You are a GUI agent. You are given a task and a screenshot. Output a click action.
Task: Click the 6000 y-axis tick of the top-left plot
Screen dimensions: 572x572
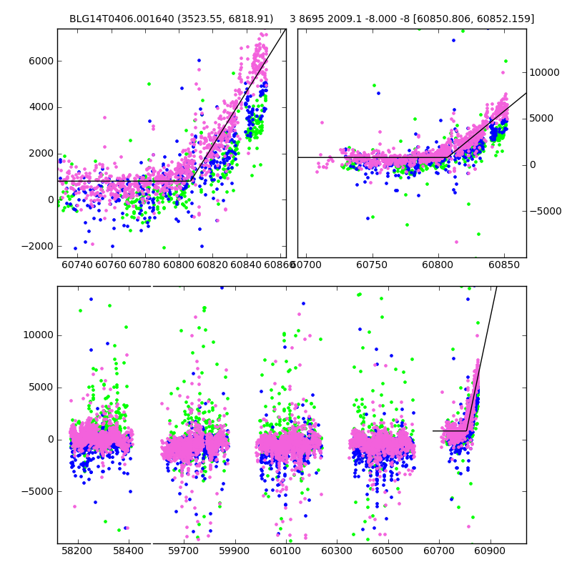(41, 61)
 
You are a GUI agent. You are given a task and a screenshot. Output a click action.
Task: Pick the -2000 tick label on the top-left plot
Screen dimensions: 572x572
(38, 246)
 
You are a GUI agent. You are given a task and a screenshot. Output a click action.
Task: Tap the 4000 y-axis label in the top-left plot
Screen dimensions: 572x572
(41, 107)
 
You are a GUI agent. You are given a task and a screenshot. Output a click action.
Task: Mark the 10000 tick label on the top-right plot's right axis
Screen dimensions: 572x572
(545, 72)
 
